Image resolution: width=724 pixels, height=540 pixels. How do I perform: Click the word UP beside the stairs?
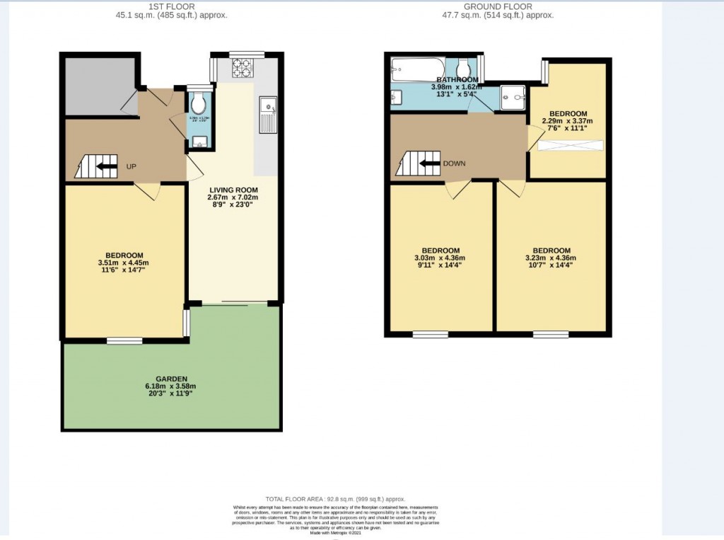point(132,167)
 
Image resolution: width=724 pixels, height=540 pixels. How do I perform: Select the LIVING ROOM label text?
point(233,190)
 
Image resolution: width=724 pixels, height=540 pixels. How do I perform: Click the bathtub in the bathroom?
point(418,69)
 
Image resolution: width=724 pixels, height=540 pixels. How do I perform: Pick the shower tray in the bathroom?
point(513,98)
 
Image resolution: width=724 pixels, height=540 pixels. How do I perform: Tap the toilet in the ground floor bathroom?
point(464,69)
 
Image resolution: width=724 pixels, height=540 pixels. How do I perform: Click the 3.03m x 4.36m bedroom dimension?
point(440,258)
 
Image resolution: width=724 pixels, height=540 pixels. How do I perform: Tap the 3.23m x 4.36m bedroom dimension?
point(551,258)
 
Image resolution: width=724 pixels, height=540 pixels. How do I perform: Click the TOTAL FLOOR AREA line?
point(336,499)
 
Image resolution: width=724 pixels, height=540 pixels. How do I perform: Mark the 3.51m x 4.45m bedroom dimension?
point(124,263)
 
